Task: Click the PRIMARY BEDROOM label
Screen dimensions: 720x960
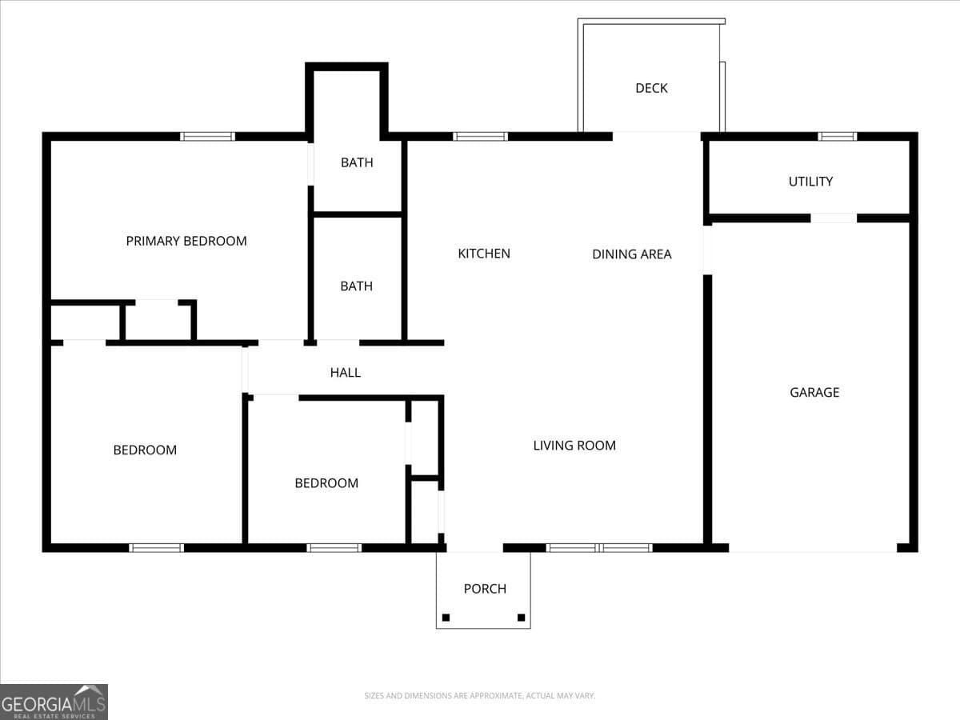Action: point(186,241)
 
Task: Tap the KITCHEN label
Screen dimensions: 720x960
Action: point(484,254)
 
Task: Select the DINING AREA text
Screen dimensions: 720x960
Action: point(631,254)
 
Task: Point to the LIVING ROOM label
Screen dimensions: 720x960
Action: point(574,446)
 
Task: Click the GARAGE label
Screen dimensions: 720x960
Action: point(814,392)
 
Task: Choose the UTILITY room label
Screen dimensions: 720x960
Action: point(810,182)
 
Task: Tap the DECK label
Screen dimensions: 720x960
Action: point(651,88)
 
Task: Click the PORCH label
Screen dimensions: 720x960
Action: point(485,589)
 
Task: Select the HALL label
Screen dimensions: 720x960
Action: point(346,373)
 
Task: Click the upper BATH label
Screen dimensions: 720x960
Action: point(357,162)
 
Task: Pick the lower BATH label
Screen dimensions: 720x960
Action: point(356,286)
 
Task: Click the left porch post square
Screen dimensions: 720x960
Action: point(446,618)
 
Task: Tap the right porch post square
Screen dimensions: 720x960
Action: point(521,618)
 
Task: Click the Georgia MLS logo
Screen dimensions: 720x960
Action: point(54,702)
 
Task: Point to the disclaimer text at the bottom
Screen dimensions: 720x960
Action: point(479,696)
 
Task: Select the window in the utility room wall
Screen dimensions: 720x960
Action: point(837,136)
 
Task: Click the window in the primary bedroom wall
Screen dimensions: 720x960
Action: point(207,136)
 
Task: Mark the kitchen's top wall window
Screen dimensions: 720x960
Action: point(480,136)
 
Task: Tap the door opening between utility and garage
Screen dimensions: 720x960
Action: point(833,218)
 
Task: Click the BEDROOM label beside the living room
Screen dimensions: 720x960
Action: point(326,483)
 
